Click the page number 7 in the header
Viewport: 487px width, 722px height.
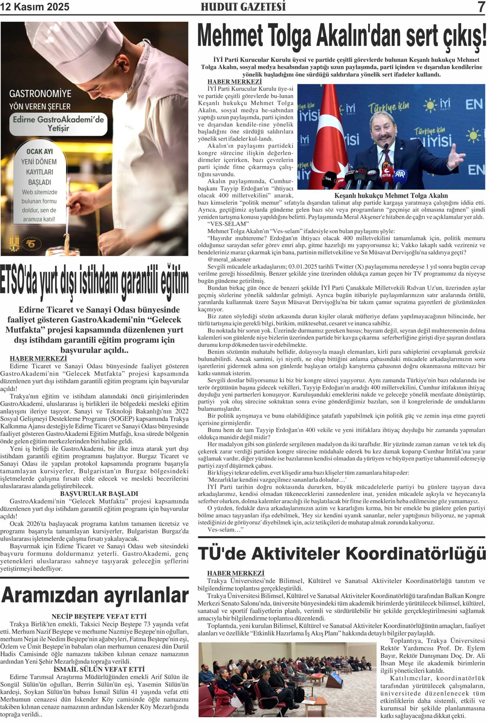481,7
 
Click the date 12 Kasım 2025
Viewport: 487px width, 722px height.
35,7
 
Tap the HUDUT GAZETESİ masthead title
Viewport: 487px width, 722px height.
243,7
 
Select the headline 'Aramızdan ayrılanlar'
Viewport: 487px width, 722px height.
95,595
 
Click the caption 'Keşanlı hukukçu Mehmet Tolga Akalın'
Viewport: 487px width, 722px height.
391,196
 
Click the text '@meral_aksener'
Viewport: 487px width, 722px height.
229,259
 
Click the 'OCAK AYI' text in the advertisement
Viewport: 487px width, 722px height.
40,152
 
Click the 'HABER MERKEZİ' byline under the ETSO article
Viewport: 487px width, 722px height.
38,359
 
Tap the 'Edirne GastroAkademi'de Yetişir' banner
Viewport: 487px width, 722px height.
58,124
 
